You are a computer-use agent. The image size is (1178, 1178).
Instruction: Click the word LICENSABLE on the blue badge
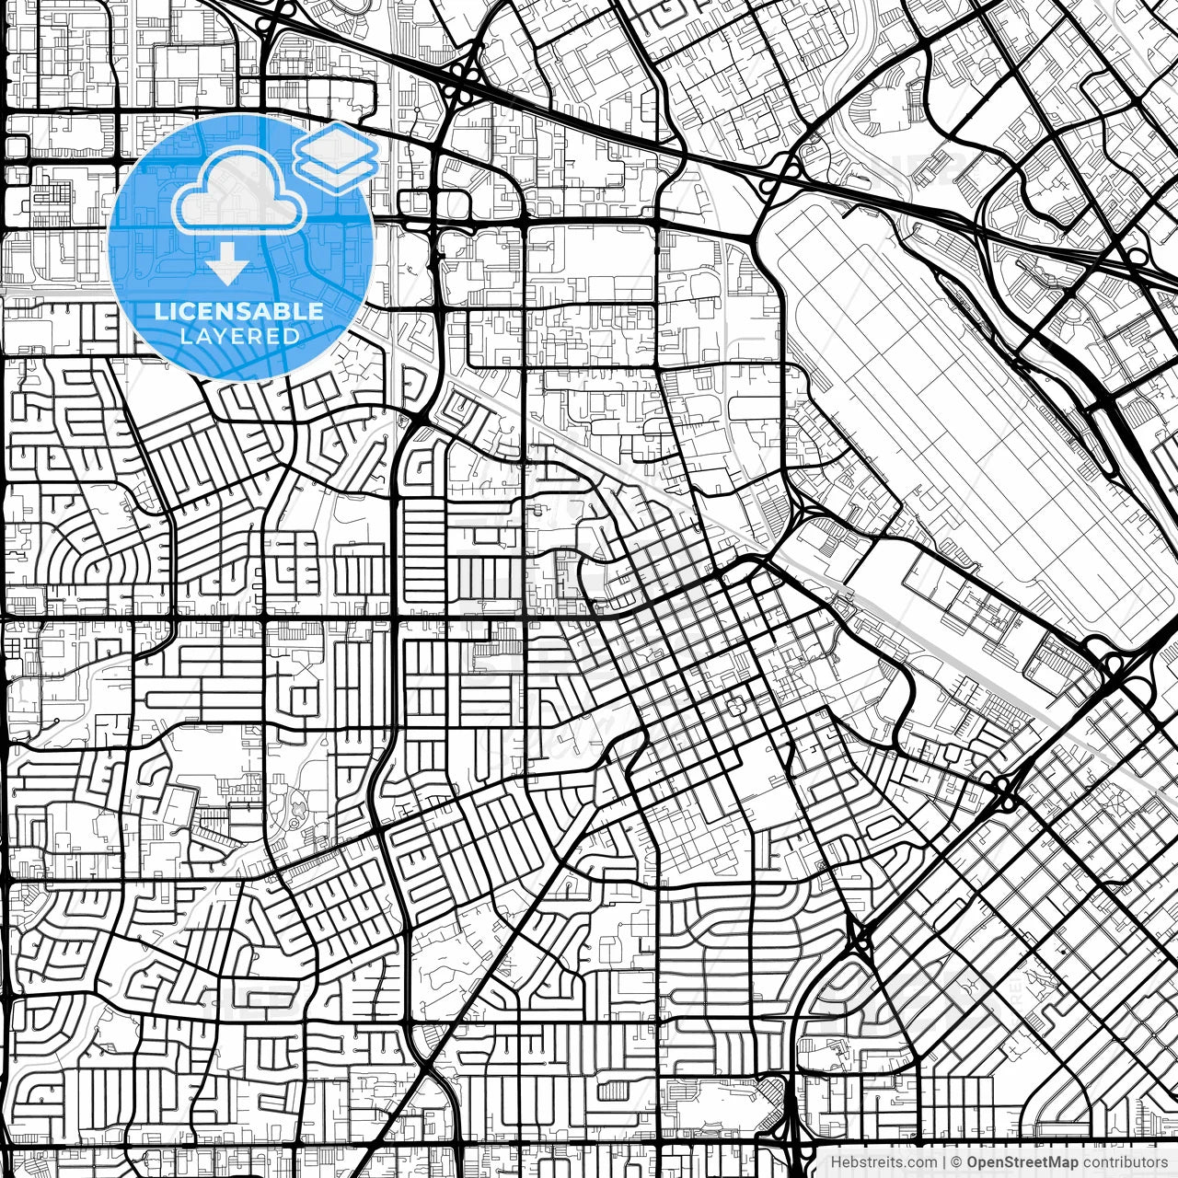tap(239, 311)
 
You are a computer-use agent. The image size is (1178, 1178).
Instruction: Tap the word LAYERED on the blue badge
tap(239, 336)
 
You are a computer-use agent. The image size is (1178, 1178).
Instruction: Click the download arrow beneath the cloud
tap(227, 265)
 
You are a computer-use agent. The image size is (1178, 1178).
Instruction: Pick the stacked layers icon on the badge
tap(337, 156)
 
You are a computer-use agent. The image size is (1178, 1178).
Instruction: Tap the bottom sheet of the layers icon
tap(337, 172)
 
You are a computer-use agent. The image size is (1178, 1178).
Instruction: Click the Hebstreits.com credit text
tap(884, 1162)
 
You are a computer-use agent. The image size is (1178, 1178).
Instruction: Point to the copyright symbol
tap(957, 1162)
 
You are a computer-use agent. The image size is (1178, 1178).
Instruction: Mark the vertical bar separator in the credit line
tap(945, 1162)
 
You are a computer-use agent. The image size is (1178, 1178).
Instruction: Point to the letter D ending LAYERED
tap(292, 336)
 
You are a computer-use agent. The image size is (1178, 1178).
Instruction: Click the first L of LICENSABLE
tap(160, 311)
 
